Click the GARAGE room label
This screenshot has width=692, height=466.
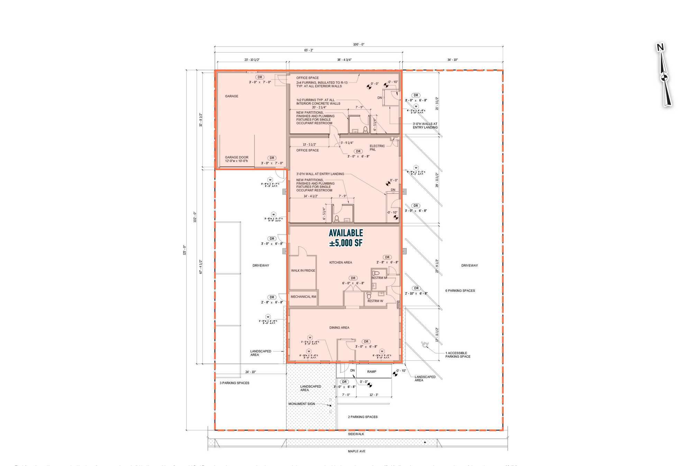click(231, 96)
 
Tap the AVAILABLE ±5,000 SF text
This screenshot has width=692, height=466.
click(346, 238)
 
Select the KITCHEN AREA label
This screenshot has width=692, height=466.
click(340, 262)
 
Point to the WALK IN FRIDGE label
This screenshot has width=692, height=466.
click(303, 270)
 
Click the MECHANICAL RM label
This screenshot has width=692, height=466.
click(303, 297)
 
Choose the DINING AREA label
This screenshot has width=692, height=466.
click(339, 328)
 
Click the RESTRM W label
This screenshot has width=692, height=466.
click(375, 301)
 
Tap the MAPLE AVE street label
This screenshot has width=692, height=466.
click(356, 451)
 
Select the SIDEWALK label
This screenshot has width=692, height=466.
click(356, 434)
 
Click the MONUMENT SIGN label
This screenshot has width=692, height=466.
click(302, 404)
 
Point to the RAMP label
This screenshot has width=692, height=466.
click(372, 371)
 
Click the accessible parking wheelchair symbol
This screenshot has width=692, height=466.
click(424, 344)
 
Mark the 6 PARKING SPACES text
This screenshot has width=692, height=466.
click(460, 290)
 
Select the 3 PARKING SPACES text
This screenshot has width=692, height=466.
click(234, 383)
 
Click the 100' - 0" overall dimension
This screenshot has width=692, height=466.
click(358, 44)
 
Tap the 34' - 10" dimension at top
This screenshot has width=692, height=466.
click(452, 60)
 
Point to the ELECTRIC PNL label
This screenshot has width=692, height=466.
click(377, 147)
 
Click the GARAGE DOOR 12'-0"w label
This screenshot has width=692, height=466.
click(236, 159)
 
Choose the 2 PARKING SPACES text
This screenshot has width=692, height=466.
click(363, 417)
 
